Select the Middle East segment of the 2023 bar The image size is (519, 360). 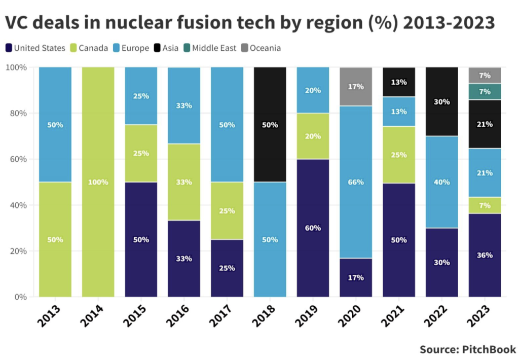click(x=485, y=91)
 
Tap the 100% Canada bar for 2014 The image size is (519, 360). click(x=98, y=182)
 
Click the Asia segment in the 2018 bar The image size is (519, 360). click(x=270, y=124)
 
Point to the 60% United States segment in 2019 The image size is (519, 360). click(x=313, y=228)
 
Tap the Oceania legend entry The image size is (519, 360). click(x=261, y=48)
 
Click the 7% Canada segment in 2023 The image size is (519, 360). click(x=485, y=205)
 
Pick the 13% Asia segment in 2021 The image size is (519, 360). click(x=398, y=82)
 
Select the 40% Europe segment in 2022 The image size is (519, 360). click(x=441, y=182)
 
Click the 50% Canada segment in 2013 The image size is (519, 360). click(x=55, y=239)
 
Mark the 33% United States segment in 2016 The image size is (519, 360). click(x=183, y=258)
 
